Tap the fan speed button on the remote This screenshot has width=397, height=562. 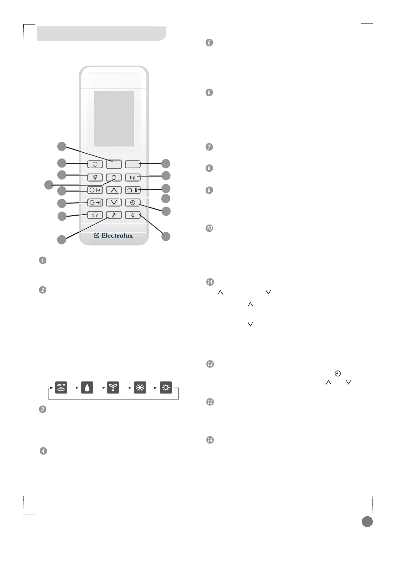[x=95, y=177]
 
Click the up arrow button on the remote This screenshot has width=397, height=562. [x=114, y=190]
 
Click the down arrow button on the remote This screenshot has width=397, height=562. [x=114, y=202]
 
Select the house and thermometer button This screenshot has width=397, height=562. [x=133, y=190]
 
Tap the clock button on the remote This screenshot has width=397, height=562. [x=133, y=203]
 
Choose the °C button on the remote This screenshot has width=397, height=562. [x=114, y=215]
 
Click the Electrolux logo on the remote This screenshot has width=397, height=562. [x=114, y=236]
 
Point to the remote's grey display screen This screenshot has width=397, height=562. [x=114, y=118]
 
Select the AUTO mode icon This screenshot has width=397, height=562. [x=61, y=388]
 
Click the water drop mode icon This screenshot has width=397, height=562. [x=87, y=388]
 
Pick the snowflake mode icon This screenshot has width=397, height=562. [x=140, y=388]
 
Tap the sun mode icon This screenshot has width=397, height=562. [x=166, y=388]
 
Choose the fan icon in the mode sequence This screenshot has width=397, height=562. [x=113, y=388]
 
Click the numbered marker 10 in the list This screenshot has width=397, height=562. [x=209, y=229]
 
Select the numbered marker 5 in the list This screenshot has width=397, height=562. [x=209, y=43]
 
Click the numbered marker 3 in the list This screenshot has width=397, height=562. [x=43, y=409]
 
